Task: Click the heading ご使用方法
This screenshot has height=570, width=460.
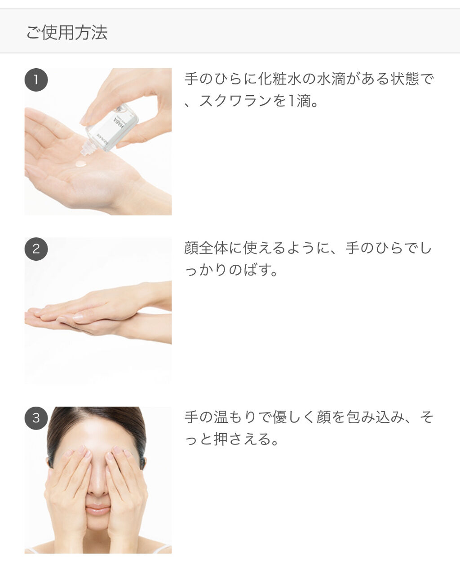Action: point(66,33)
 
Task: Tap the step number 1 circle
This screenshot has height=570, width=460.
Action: point(36,80)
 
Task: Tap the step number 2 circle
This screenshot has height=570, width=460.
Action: point(36,249)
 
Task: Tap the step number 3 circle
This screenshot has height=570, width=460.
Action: point(36,418)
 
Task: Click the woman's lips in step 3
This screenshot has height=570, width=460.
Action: point(97,510)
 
